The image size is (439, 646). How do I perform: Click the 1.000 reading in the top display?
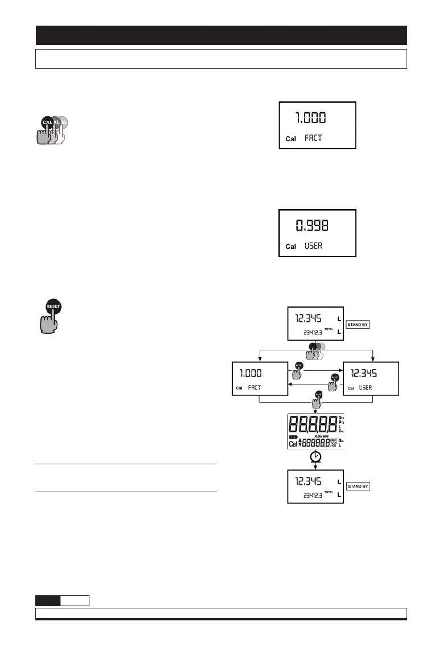click(310, 118)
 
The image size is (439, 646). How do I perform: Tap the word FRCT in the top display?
click(314, 138)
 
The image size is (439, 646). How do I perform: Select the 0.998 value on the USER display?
click(315, 226)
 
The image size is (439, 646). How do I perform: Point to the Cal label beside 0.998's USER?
click(291, 247)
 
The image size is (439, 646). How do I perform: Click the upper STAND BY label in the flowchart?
click(362, 324)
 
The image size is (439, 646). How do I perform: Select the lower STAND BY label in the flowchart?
click(362, 486)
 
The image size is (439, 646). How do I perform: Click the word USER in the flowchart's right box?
click(366, 387)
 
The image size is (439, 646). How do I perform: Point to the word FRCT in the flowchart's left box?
click(257, 387)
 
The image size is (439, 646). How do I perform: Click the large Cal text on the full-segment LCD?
click(293, 443)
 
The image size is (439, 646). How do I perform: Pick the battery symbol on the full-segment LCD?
click(293, 436)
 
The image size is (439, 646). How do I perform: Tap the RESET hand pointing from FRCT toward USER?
click(297, 373)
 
